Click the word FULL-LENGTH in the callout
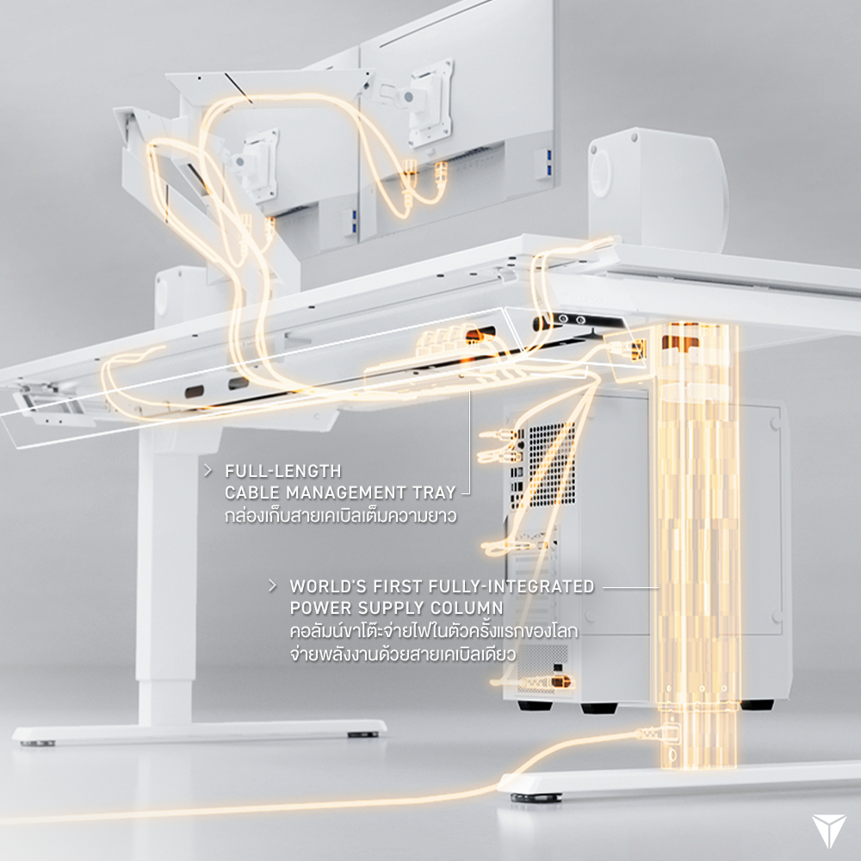282,471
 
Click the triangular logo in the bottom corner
828,830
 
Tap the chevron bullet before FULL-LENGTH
208,471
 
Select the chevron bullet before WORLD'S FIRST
272,585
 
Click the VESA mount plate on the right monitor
430,104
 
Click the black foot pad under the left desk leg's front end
362,734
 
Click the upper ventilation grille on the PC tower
551,464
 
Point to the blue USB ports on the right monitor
548,164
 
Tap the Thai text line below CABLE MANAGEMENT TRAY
340,516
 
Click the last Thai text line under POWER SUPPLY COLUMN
402,654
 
